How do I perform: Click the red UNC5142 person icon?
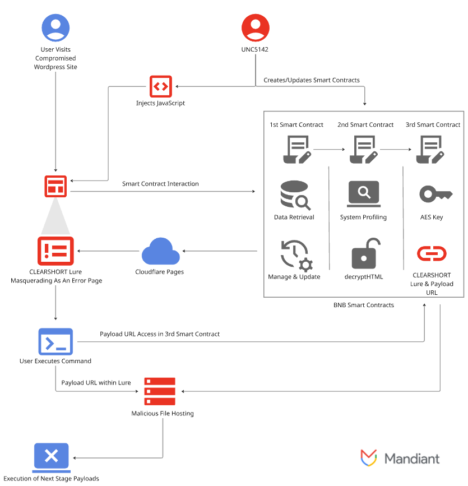tap(256, 27)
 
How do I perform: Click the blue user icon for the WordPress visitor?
tap(55, 27)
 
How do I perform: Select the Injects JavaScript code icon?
tap(160, 86)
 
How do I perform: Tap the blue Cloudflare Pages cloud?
tap(160, 251)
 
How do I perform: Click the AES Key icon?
tap(435, 194)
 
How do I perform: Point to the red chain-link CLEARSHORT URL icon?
tap(432, 253)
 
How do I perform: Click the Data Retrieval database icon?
tap(295, 195)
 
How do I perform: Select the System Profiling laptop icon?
tap(364, 194)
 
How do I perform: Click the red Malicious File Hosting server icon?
tap(160, 391)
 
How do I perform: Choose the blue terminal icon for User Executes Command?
tap(55, 341)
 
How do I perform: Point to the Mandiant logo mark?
tap(368, 457)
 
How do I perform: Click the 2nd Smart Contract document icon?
tap(364, 150)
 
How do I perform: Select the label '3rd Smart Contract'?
tap(433, 124)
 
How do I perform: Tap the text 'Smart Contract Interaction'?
tap(160, 184)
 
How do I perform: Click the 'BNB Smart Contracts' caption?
tap(364, 305)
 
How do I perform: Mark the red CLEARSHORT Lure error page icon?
tap(55, 251)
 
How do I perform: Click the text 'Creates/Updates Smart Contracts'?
tap(312, 80)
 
